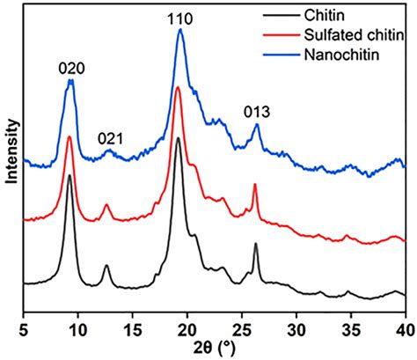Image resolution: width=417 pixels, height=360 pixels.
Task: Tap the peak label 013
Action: click(257, 111)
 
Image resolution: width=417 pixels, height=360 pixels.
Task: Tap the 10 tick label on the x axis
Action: click(77, 329)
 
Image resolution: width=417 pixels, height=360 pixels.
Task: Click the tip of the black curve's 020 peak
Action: click(69, 175)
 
